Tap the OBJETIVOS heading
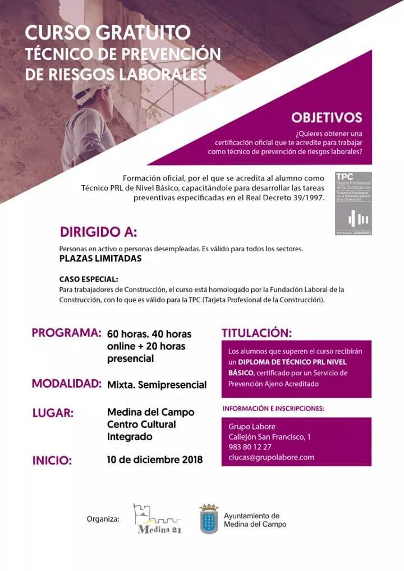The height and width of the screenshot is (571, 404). click(326, 118)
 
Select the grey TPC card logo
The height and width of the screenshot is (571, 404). click(353, 203)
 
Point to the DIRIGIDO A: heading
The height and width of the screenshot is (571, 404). click(98, 232)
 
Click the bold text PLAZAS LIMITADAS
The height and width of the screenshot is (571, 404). click(100, 259)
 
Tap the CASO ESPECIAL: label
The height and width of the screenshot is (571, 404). click(89, 279)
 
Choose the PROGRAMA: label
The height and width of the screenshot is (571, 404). click(66, 332)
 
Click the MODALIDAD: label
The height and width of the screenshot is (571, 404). click(66, 384)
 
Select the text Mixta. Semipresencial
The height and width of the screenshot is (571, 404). click(157, 385)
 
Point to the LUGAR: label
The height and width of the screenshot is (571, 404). click(53, 413)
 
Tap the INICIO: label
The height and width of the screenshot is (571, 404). click(52, 461)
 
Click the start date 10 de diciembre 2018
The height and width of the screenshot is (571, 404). click(155, 460)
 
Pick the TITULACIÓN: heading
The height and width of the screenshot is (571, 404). click(256, 333)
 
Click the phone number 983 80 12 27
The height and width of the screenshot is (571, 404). click(250, 447)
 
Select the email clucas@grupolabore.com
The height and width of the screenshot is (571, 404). click(271, 457)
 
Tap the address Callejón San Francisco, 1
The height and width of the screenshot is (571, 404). click(269, 437)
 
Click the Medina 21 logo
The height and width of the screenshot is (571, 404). click(157, 519)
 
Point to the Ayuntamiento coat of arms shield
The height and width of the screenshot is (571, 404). click(209, 519)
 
